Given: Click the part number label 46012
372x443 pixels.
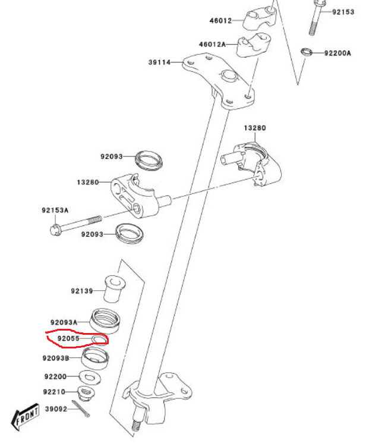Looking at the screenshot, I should click(220, 20).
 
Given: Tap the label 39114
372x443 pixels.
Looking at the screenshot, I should click(159, 62).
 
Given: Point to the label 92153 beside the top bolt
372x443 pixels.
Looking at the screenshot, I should click(343, 12).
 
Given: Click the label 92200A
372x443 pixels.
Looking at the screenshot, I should click(338, 53).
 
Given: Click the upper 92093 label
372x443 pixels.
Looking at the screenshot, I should click(111, 157).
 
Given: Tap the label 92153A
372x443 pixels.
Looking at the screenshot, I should click(55, 210).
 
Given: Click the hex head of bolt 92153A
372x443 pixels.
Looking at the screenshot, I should click(55, 228).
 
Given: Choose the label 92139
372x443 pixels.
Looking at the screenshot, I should click(82, 291).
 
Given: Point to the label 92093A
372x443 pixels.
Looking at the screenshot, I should click(64, 321).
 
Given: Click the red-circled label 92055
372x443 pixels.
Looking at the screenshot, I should click(68, 339).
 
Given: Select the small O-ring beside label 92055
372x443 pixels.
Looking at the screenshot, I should click(100, 340).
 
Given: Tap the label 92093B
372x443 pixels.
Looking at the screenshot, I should click(56, 358).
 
